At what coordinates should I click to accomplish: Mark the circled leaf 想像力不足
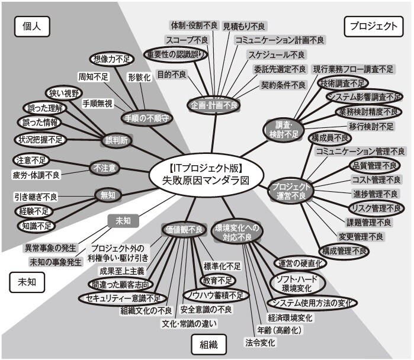click(113, 59)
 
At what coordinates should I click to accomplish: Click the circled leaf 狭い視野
click(64, 92)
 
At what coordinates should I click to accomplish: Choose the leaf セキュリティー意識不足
click(123, 297)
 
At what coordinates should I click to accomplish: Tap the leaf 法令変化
click(260, 342)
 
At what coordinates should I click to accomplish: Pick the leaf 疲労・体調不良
click(37, 175)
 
